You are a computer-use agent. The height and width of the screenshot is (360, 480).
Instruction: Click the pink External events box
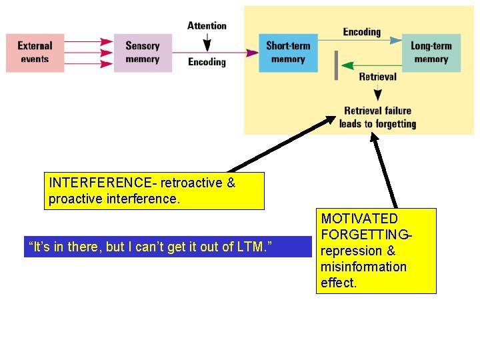click(35, 53)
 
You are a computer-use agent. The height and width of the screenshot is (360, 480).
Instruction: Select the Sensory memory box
click(143, 53)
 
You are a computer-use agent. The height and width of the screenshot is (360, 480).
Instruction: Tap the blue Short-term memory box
click(288, 53)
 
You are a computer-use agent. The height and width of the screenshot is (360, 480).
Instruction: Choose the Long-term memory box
click(431, 53)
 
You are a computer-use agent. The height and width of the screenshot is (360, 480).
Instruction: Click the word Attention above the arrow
click(207, 26)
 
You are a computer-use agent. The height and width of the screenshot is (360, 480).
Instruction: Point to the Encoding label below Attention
click(207, 62)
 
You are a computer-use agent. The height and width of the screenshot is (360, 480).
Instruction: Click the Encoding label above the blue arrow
click(361, 31)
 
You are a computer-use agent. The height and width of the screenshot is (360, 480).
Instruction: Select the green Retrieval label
click(377, 77)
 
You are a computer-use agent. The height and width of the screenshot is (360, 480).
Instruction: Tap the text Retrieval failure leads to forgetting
click(377, 117)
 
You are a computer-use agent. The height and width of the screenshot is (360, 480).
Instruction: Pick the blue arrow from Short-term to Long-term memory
click(360, 41)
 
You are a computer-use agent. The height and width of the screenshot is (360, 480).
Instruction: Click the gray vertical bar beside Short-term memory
click(336, 65)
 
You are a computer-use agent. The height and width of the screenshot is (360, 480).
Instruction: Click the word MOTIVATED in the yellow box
click(359, 219)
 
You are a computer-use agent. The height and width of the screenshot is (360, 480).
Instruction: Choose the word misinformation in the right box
click(363, 267)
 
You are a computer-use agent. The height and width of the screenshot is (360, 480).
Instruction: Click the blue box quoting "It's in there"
click(167, 247)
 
